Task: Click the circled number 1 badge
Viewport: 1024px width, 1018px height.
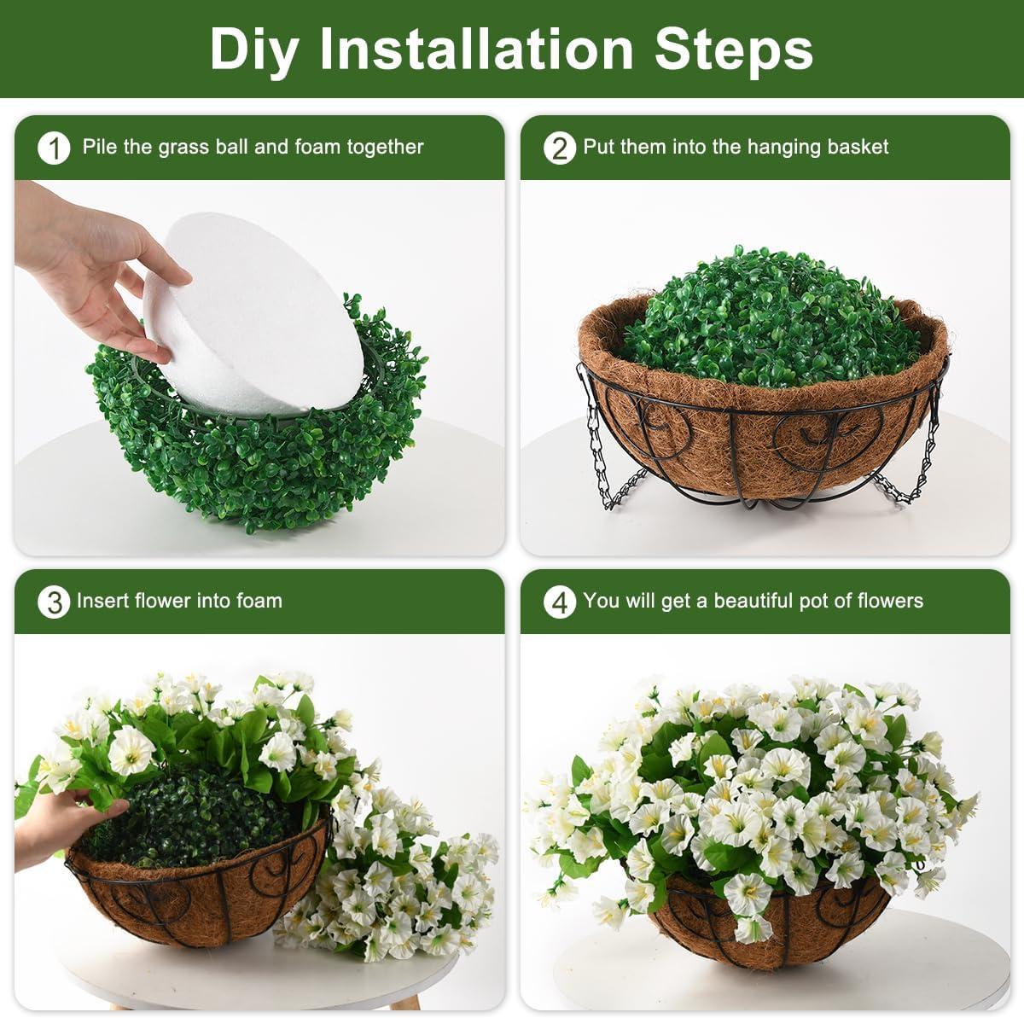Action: click(x=54, y=148)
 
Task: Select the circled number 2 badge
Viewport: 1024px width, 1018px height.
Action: click(x=559, y=148)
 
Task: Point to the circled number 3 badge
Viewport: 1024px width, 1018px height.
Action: click(x=54, y=602)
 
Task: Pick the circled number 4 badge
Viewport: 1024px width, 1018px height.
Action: click(x=559, y=602)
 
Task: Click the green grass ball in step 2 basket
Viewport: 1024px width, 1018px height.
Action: click(x=771, y=319)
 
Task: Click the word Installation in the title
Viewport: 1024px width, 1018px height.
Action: click(x=475, y=49)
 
